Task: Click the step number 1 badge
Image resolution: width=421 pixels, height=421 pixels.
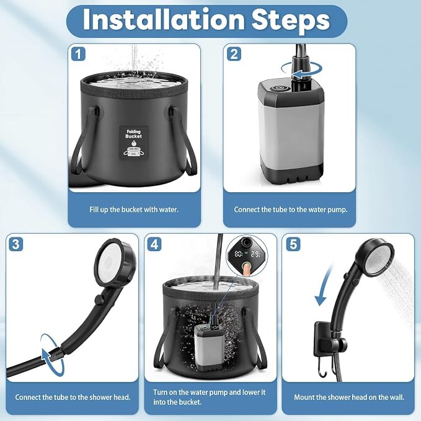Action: point(78,54)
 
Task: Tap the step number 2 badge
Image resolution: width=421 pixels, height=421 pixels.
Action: point(234,54)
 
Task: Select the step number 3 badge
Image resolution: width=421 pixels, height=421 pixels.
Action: point(16,244)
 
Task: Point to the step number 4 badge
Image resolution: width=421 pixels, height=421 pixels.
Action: point(154,244)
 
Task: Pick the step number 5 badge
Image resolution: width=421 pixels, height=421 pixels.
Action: point(293,244)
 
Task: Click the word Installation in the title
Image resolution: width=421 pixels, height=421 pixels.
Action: point(164,20)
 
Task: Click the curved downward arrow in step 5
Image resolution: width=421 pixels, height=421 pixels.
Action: point(325,285)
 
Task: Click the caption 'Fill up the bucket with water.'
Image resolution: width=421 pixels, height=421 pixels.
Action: point(134,210)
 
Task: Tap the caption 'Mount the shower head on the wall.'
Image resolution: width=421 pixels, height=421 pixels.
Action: point(349,397)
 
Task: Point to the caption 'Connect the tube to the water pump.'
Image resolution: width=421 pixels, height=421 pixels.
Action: point(291,210)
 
